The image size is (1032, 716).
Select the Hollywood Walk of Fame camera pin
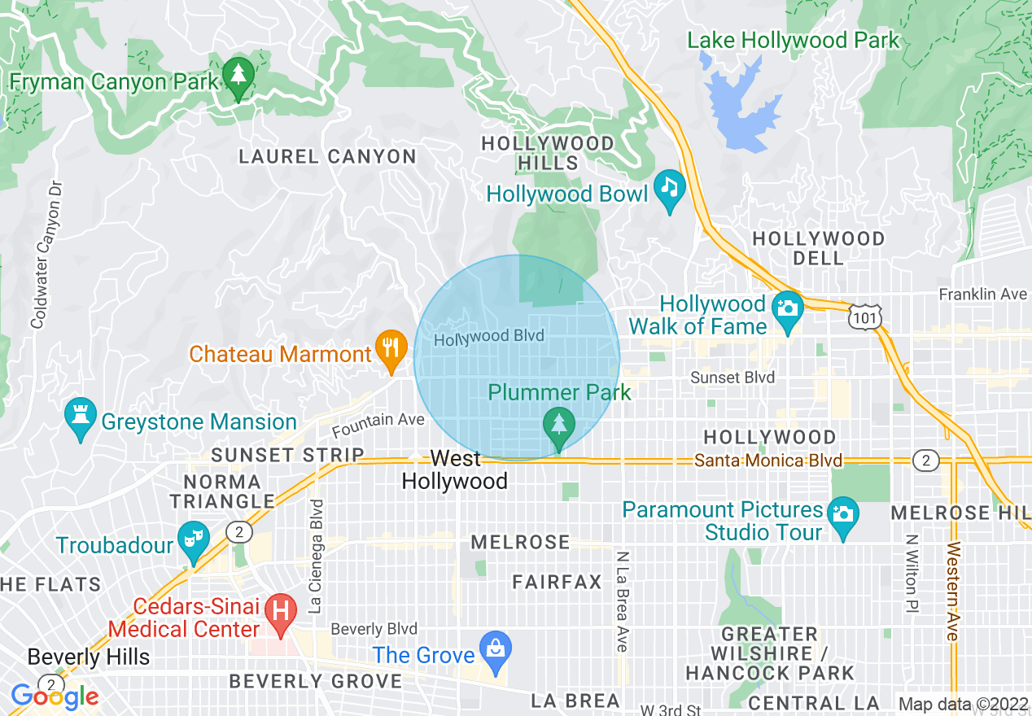pyautogui.click(x=787, y=310)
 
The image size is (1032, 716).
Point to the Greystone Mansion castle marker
pyautogui.click(x=80, y=417)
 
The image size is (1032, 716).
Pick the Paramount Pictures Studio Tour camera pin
pyautogui.click(x=842, y=516)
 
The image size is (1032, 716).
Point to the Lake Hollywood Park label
pyautogui.click(x=793, y=40)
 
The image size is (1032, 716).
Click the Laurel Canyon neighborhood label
pyautogui.click(x=327, y=156)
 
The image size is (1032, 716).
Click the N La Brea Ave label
pyautogui.click(x=623, y=601)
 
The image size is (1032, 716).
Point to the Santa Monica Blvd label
pyautogui.click(x=767, y=461)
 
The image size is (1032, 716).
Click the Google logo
pyautogui.click(x=55, y=696)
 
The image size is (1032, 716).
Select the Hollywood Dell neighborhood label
pyautogui.click(x=818, y=248)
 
